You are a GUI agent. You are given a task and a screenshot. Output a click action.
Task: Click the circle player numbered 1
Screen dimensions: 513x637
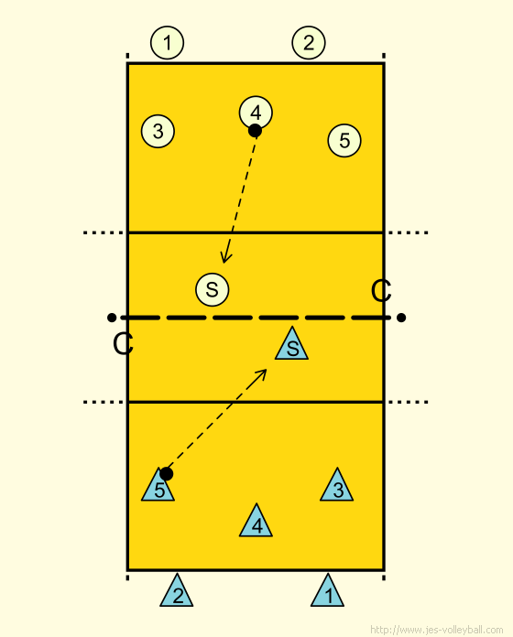pos(167,43)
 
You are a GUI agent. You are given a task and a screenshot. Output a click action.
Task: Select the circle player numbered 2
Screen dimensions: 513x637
pos(309,43)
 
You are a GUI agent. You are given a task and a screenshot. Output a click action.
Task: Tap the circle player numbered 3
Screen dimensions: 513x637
pos(158,131)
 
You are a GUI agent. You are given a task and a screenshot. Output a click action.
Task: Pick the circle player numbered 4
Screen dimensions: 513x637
pos(256,113)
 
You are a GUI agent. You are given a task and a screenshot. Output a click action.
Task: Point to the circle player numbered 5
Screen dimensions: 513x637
pos(344,141)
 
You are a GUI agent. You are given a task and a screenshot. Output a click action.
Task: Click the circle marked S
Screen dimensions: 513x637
pos(213,289)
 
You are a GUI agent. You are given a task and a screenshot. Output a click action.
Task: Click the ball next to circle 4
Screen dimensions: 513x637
pos(255,131)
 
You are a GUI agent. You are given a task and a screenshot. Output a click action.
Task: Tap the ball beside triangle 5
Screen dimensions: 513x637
pos(166,474)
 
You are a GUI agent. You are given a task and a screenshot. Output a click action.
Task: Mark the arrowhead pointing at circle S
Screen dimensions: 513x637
pos(225,257)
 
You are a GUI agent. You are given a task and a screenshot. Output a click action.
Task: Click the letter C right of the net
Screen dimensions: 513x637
pos(381,291)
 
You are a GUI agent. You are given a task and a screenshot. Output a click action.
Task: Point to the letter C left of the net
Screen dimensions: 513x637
pos(123,344)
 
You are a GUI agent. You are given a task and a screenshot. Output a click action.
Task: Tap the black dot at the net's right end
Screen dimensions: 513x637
pos(401,318)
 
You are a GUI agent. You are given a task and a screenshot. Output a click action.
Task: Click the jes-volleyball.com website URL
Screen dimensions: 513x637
pos(437,630)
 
